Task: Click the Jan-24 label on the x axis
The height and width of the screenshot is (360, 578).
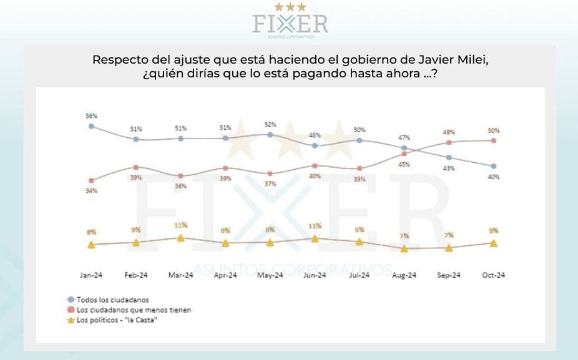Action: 91,275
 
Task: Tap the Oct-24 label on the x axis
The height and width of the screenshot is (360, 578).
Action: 493,275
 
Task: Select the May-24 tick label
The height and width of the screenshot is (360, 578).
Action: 270,275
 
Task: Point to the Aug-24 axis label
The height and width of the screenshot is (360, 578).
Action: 404,275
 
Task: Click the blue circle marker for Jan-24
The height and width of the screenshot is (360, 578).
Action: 91,126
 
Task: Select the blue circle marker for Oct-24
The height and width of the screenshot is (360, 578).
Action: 494,166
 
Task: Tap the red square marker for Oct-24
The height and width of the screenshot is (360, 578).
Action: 494,140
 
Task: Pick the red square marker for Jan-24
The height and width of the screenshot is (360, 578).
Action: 91,181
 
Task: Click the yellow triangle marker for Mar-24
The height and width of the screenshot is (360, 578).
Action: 180,238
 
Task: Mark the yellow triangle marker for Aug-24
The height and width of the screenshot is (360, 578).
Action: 404,248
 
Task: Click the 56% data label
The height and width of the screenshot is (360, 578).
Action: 91,116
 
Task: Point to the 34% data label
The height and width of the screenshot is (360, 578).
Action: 91,191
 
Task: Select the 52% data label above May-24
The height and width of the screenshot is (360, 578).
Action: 270,124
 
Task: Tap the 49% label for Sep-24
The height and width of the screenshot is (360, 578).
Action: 449,132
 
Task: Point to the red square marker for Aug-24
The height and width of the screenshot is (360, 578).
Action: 404,153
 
